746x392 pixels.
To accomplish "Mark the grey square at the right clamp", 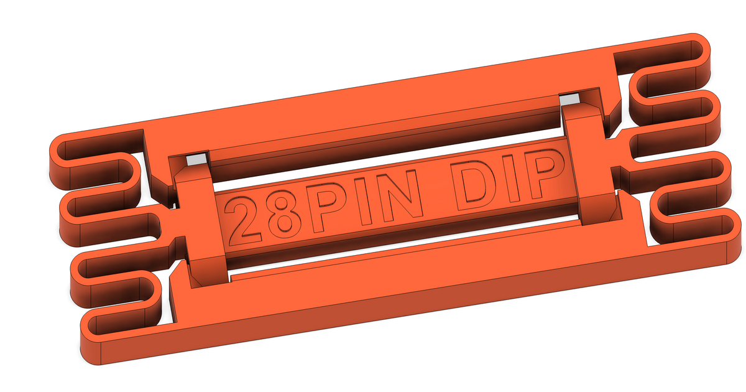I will tap(568, 100).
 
